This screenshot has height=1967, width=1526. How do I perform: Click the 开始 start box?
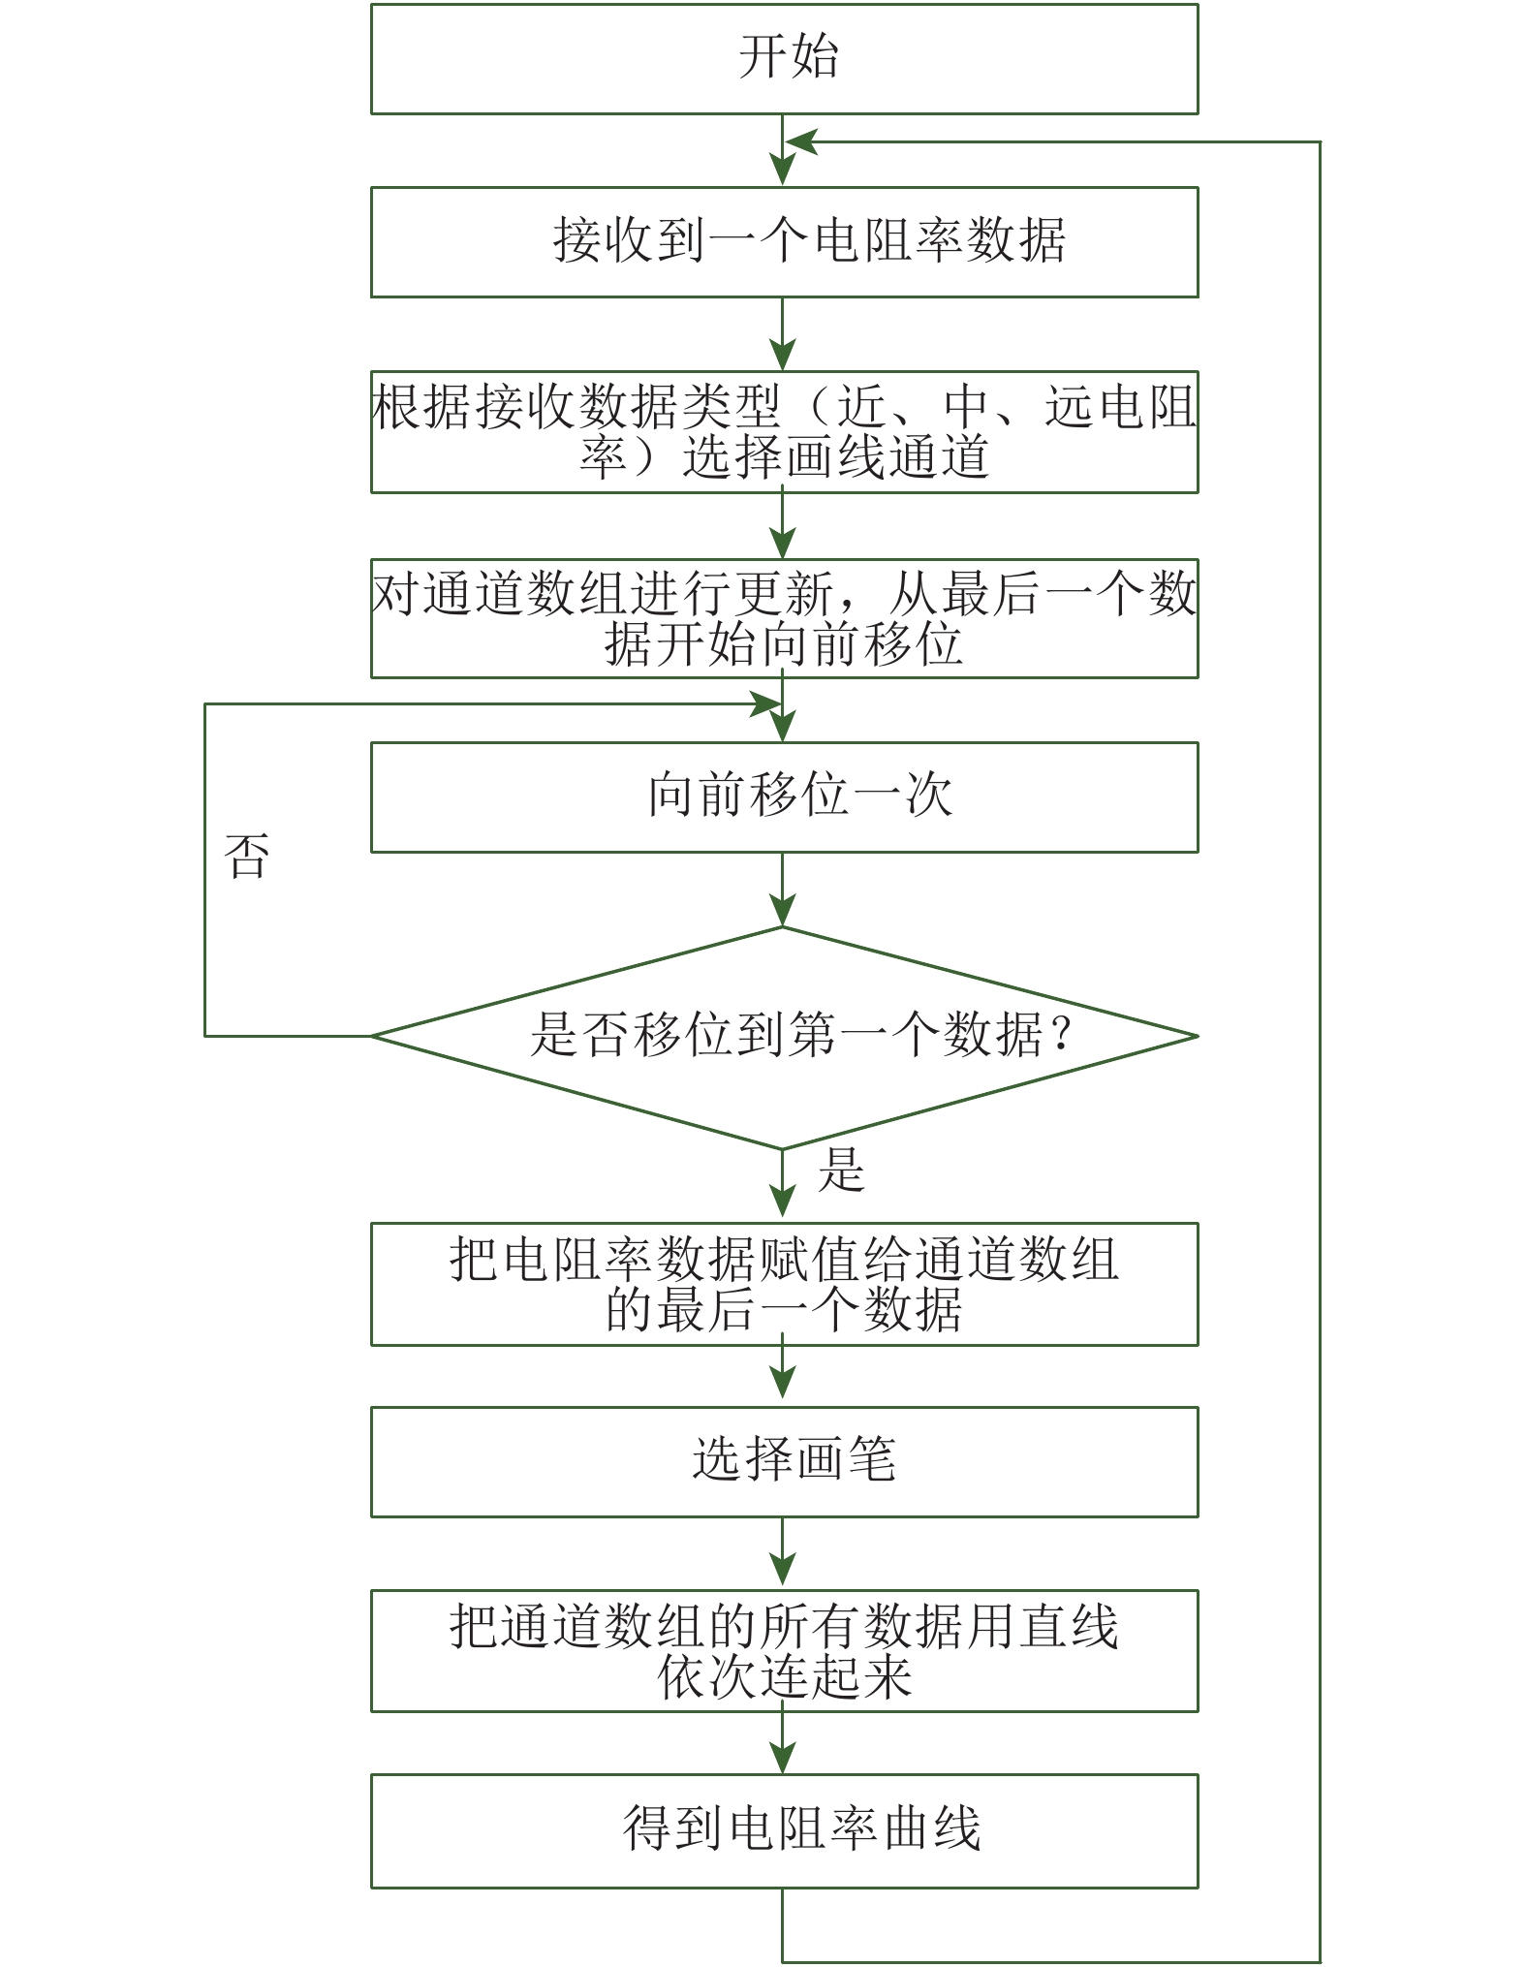784,59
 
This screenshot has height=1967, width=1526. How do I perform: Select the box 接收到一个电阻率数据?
784,241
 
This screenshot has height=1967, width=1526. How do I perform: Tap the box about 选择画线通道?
784,431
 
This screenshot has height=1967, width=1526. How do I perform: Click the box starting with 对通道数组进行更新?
784,618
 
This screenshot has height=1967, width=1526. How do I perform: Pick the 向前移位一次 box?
784,796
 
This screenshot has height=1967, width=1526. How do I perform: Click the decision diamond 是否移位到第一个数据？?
784,1036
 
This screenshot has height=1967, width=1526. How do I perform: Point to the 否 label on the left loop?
246,856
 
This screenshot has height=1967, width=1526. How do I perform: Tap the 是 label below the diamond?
840,1170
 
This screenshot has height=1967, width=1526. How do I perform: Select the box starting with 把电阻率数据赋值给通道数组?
784,1284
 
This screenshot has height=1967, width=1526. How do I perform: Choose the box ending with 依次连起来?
784,1650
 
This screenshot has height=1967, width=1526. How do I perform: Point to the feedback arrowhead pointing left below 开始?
800,142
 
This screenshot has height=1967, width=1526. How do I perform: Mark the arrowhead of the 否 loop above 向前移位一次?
765,704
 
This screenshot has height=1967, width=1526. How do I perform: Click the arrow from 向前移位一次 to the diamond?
782,890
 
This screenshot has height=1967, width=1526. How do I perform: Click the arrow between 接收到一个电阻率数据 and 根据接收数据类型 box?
782,334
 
